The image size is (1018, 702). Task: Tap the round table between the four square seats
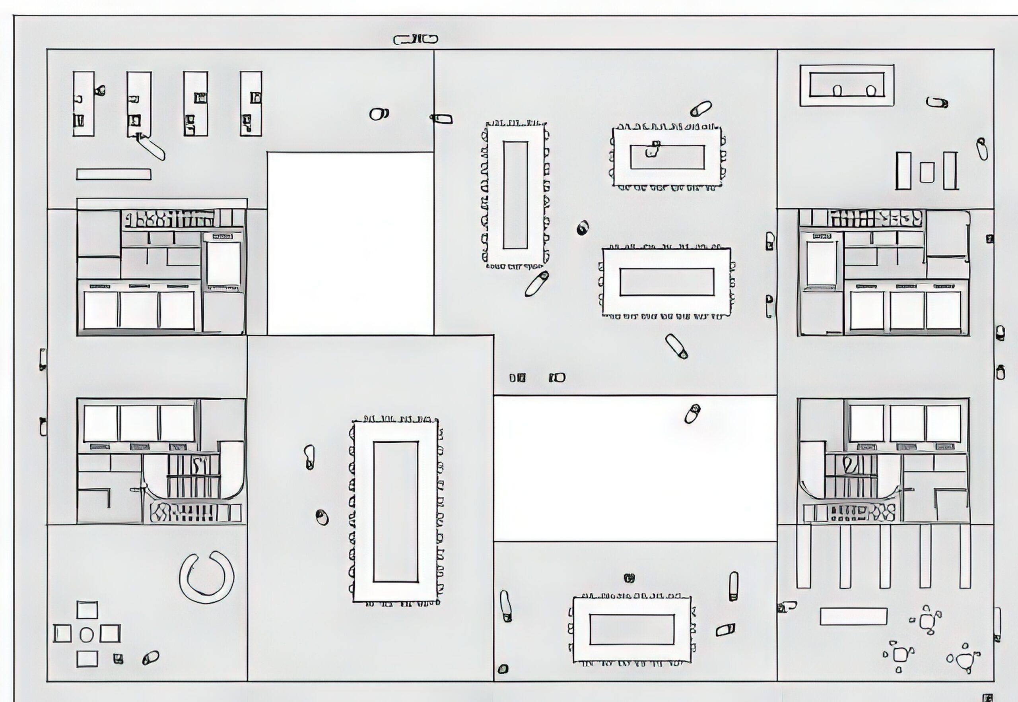(87, 635)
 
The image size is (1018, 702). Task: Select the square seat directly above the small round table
(87, 610)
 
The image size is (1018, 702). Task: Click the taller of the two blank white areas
(350, 243)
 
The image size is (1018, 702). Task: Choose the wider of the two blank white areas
(634, 468)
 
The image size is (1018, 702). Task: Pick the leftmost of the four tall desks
(84, 104)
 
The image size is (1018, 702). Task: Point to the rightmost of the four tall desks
(251, 104)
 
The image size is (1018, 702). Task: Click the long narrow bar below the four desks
(113, 175)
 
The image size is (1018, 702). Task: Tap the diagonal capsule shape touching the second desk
(152, 147)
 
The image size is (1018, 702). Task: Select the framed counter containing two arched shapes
(847, 85)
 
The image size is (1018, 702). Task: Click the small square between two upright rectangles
(927, 172)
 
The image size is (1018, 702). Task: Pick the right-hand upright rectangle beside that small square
(950, 171)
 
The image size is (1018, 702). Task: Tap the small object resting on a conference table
(653, 149)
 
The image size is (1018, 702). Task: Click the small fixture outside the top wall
(415, 40)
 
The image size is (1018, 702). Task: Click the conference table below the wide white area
(632, 629)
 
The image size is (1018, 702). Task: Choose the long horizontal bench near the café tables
(853, 616)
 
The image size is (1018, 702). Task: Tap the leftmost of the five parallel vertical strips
(803, 556)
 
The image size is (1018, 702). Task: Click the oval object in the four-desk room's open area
(378, 114)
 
